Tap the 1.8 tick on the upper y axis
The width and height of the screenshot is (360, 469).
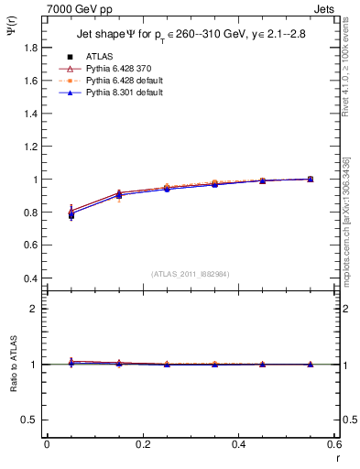[31, 80]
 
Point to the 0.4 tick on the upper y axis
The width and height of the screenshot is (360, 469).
[31, 278]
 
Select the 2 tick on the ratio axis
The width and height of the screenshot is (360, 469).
[37, 309]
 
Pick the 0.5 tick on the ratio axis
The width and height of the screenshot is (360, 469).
[33, 420]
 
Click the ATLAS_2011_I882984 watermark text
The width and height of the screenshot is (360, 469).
[191, 274]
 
